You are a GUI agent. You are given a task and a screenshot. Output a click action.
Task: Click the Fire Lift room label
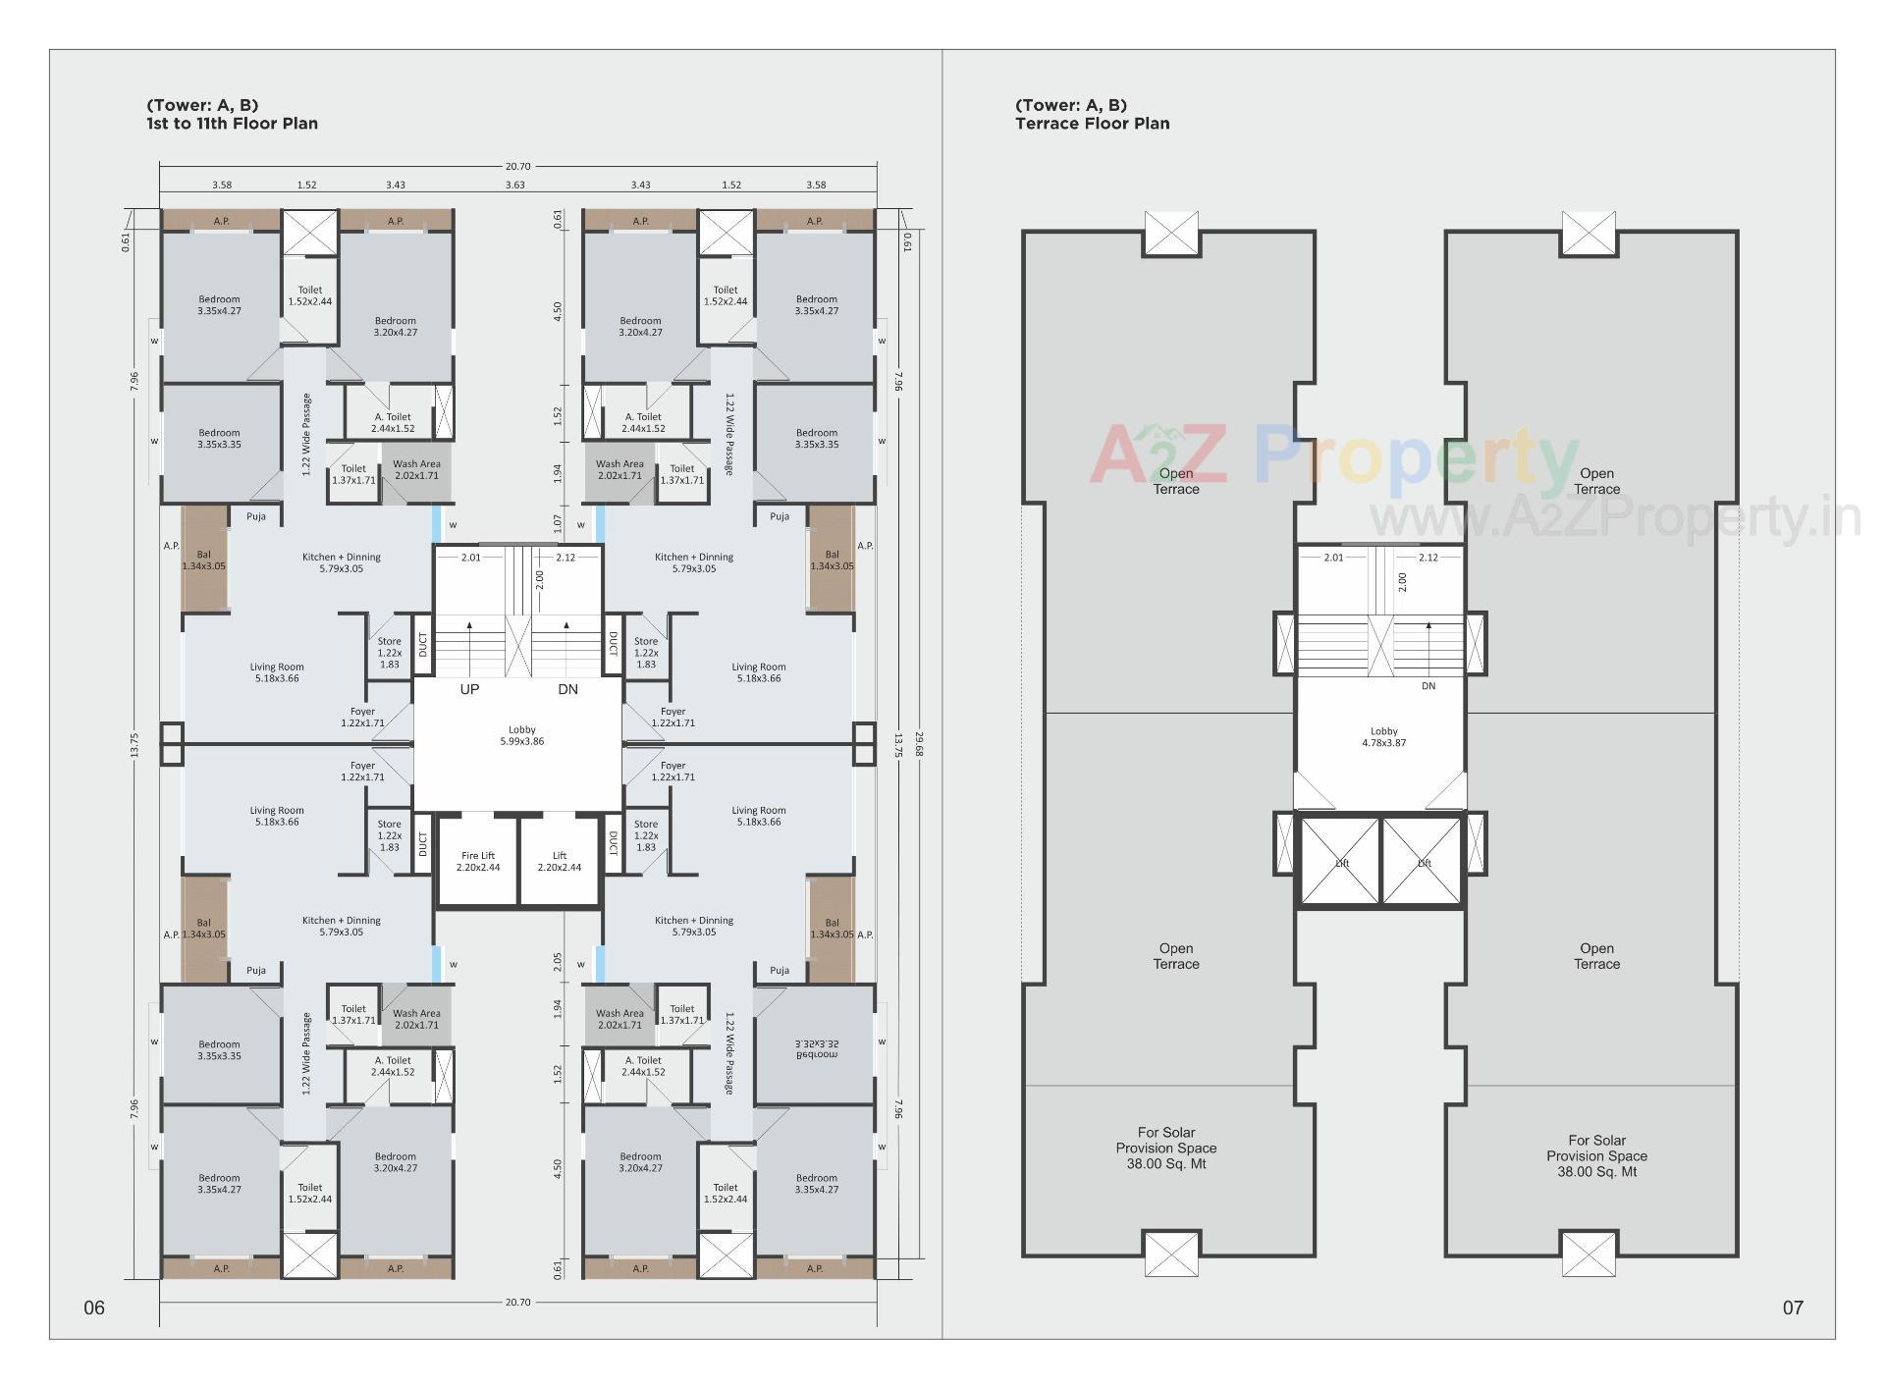pyautogui.click(x=478, y=861)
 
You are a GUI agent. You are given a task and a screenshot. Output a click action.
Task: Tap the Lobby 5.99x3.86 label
pyautogui.click(x=521, y=735)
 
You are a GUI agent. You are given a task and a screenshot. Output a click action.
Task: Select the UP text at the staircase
pyautogui.click(x=469, y=689)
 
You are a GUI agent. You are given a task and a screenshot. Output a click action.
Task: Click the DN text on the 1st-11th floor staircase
pyautogui.click(x=567, y=689)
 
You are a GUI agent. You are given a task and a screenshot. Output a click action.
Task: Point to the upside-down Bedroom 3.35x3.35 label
pyautogui.click(x=816, y=1049)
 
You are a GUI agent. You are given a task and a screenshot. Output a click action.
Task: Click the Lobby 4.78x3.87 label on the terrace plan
pyautogui.click(x=1383, y=737)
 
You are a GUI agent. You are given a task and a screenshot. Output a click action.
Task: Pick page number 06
pyautogui.click(x=94, y=1308)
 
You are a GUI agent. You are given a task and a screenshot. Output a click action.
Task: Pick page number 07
pyautogui.click(x=1793, y=1308)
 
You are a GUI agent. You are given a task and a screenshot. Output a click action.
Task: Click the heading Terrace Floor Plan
pyautogui.click(x=1092, y=124)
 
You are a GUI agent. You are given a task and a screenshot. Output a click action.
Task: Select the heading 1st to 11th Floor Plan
pyautogui.click(x=232, y=124)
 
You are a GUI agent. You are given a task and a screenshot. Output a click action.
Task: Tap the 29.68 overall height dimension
pyautogui.click(x=919, y=743)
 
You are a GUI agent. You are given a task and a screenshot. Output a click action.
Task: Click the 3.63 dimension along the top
pyautogui.click(x=514, y=185)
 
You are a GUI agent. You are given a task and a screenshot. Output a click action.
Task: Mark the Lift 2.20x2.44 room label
pyautogui.click(x=559, y=861)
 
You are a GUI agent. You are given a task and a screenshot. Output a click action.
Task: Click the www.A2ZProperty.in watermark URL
pyautogui.click(x=1614, y=518)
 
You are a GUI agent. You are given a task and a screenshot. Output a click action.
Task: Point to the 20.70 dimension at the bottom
pyautogui.click(x=517, y=1302)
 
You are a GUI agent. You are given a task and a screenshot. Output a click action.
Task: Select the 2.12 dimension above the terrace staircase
pyautogui.click(x=1427, y=558)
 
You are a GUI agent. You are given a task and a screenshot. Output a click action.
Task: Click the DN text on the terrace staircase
pyautogui.click(x=1427, y=686)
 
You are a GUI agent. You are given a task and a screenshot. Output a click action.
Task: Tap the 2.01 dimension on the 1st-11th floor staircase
pyautogui.click(x=471, y=558)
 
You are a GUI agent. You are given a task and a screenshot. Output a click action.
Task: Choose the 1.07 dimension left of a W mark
pyautogui.click(x=558, y=523)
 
